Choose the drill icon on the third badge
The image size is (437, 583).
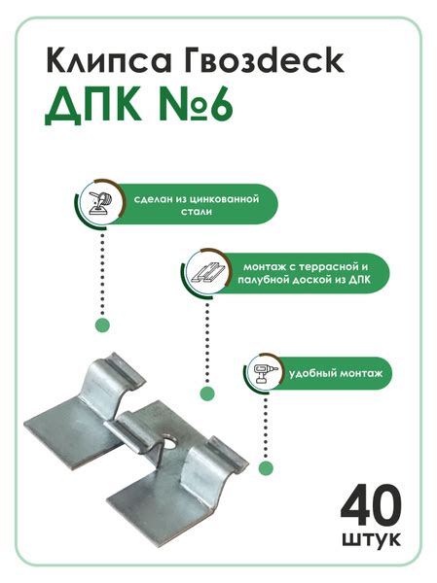coord(262,371)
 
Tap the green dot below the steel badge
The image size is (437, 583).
coord(101,326)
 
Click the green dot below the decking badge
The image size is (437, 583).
coord(206,394)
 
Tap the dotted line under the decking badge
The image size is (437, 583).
coord(206,340)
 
